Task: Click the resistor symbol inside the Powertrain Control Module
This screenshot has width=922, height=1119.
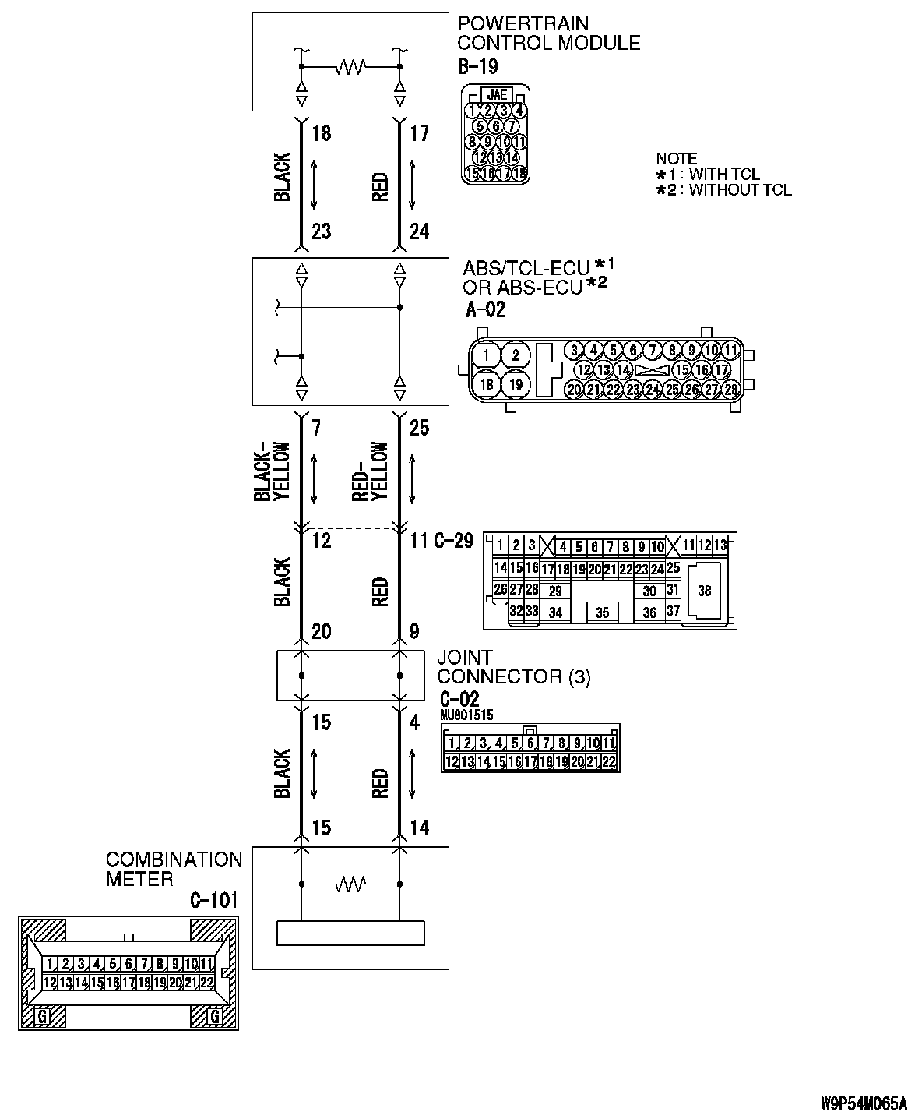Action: tap(350, 68)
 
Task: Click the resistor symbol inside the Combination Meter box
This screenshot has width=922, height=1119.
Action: tap(350, 884)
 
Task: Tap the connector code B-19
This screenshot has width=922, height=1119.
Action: tap(477, 67)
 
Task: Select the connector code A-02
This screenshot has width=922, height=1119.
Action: tap(485, 310)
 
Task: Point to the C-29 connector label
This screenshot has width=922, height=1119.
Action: tap(452, 541)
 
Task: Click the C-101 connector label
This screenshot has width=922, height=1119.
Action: tap(213, 901)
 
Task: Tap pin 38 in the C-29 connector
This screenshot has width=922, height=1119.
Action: tap(704, 591)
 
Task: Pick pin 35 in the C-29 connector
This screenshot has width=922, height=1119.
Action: tap(602, 612)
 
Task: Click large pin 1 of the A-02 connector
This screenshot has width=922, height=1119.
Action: tap(486, 356)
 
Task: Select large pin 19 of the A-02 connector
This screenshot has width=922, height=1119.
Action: tap(515, 384)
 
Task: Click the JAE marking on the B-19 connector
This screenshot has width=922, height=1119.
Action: tap(496, 94)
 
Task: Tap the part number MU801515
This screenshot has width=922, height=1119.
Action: tap(466, 715)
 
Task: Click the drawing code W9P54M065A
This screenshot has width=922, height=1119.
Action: tap(864, 1103)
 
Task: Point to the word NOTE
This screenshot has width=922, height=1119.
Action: tap(676, 159)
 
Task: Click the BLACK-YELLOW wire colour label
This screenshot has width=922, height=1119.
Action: tap(271, 471)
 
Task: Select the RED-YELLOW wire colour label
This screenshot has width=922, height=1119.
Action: tap(369, 471)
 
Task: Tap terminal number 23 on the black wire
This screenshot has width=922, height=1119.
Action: tap(321, 231)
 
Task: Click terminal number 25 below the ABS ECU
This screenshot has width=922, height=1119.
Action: tap(419, 428)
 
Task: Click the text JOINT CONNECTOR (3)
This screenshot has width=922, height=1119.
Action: tap(513, 667)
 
